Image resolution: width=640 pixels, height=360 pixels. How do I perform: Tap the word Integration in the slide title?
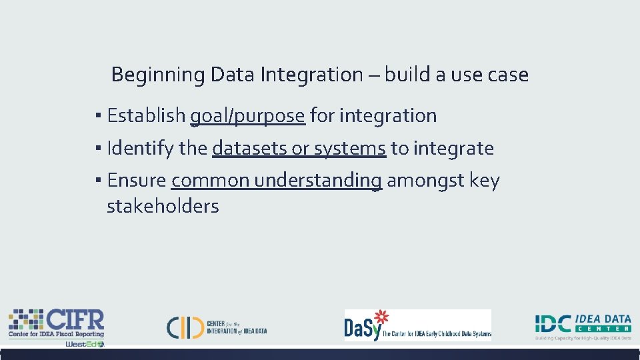[311, 75]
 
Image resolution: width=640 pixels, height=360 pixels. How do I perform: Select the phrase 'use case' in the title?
[489, 75]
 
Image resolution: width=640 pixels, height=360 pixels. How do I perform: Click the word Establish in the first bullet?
[146, 115]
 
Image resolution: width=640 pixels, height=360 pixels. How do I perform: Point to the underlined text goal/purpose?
[247, 116]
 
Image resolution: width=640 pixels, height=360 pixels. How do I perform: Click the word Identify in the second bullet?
[141, 148]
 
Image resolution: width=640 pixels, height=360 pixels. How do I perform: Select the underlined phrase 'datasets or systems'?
[299, 148]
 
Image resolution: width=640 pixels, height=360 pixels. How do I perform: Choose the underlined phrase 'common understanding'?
[277, 181]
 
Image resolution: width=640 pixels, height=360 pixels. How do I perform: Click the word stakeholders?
[163, 207]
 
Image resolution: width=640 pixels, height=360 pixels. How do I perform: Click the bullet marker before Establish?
[98, 116]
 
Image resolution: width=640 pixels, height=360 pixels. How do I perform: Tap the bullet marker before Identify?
[98, 148]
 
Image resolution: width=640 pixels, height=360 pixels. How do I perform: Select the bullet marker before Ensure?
[98, 181]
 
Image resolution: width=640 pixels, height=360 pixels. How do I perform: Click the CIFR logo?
[56, 323]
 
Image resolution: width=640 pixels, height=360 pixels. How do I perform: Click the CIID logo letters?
[185, 326]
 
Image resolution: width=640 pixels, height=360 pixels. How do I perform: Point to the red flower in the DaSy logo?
[381, 317]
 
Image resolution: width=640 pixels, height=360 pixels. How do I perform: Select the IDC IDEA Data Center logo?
[583, 325]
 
